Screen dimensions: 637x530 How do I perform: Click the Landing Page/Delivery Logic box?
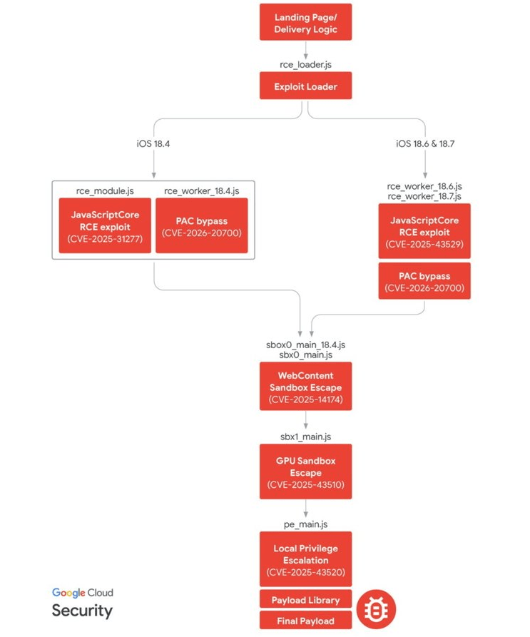[x=305, y=23]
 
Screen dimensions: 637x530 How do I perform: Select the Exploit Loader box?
[x=305, y=87]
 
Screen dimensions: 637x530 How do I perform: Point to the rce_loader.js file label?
[x=305, y=64]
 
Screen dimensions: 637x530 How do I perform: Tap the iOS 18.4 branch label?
[x=153, y=143]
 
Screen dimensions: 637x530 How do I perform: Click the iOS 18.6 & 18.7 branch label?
[x=425, y=143]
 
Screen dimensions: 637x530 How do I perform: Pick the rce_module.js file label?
[x=105, y=190]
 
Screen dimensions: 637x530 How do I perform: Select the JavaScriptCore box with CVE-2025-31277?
[x=105, y=225]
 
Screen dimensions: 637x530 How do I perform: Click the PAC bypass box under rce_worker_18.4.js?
[x=201, y=225]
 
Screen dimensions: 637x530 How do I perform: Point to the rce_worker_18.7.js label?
[x=424, y=196]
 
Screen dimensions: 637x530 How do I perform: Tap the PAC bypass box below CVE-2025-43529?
[x=424, y=281]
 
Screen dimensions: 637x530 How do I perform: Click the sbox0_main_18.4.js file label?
[x=305, y=345]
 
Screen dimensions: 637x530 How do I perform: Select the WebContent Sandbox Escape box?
[x=305, y=386]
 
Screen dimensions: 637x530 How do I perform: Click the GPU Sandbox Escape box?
[x=305, y=472]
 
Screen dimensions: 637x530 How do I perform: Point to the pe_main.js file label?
[x=305, y=524]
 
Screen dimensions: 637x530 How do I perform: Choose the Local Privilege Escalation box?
[x=305, y=559]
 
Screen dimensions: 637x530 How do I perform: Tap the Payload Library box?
[x=305, y=599]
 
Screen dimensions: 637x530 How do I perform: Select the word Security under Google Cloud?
[x=81, y=611]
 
